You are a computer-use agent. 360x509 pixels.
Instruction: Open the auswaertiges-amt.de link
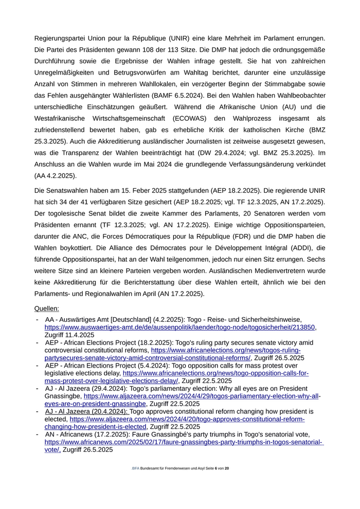[x=180, y=327]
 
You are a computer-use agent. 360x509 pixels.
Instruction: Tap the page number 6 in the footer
[x=217, y=469]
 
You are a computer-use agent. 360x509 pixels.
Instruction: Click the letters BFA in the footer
[x=135, y=469]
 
